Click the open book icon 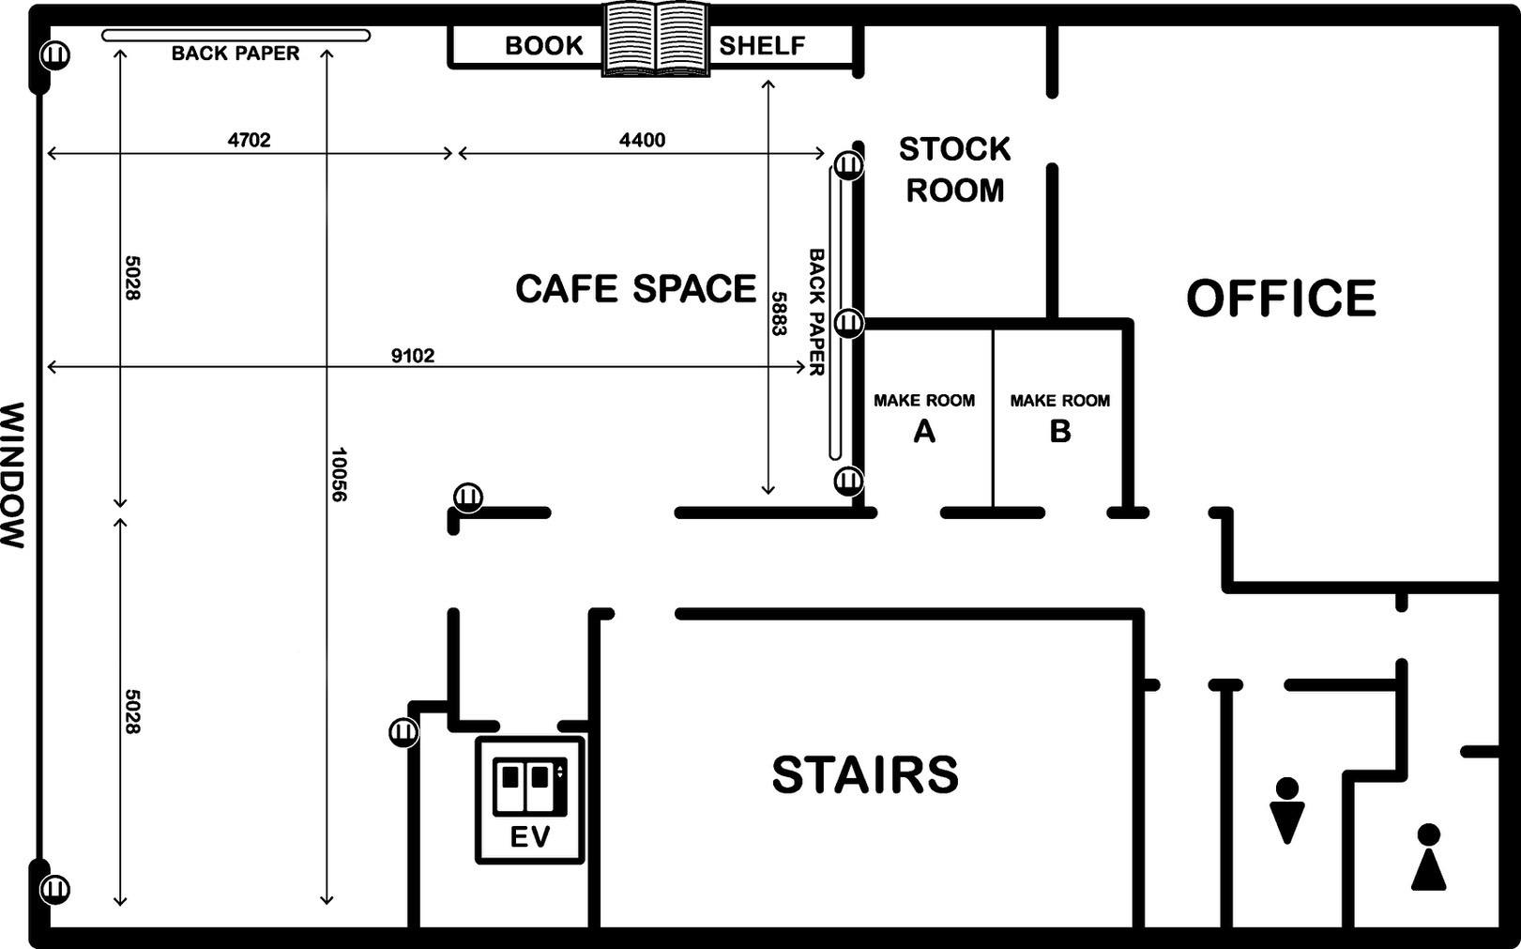coord(656,38)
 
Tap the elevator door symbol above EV coord(530,786)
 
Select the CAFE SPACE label coord(635,288)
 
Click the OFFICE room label coord(1281,298)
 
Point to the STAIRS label coord(865,774)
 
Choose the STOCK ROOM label coord(954,170)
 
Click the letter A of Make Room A coord(924,431)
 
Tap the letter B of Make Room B coord(1060,431)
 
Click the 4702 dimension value coord(250,140)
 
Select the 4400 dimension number coord(643,140)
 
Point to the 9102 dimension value coord(413,355)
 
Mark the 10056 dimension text coord(338,474)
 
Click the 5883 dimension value coord(778,314)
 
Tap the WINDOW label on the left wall coord(13,475)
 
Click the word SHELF coord(762,45)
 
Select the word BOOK coord(544,45)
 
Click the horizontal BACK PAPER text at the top coord(235,53)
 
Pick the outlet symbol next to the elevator coord(403,732)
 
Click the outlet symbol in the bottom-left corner coord(54,889)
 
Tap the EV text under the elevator coord(530,837)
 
